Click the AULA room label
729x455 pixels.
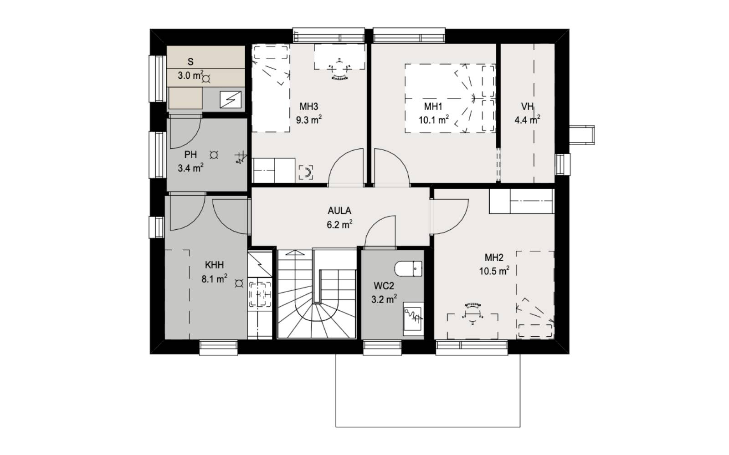click(x=339, y=211)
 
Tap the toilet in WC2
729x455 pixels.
click(x=408, y=269)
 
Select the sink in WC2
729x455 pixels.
click(x=413, y=319)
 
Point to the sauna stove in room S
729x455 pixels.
click(x=231, y=100)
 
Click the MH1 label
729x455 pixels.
click(x=433, y=106)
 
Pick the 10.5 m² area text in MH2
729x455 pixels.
click(x=494, y=271)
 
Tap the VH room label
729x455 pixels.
click(x=527, y=106)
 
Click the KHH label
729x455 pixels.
click(x=214, y=265)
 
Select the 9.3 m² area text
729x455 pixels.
click(x=308, y=120)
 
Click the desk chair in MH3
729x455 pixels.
click(x=340, y=69)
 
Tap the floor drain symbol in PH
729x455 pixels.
click(x=214, y=155)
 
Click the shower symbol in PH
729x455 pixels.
click(x=241, y=158)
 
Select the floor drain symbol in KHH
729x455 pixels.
click(x=239, y=284)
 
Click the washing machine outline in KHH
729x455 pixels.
click(x=260, y=294)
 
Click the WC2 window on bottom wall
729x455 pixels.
click(x=382, y=348)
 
